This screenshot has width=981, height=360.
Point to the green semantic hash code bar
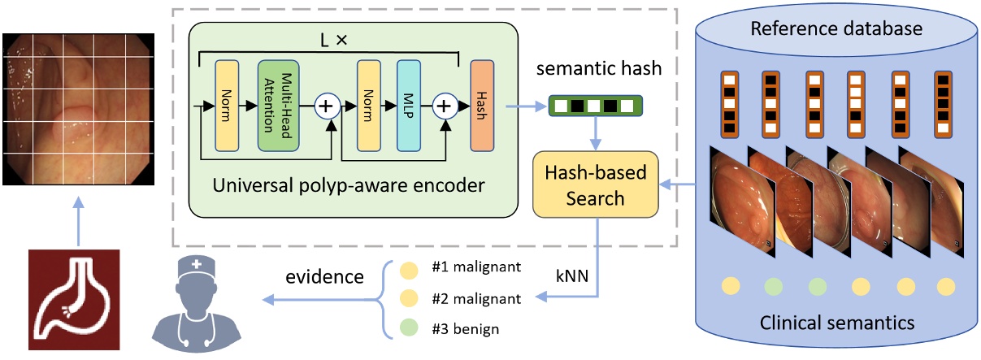click(594, 106)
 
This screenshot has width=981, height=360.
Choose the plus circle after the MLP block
click(445, 106)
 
